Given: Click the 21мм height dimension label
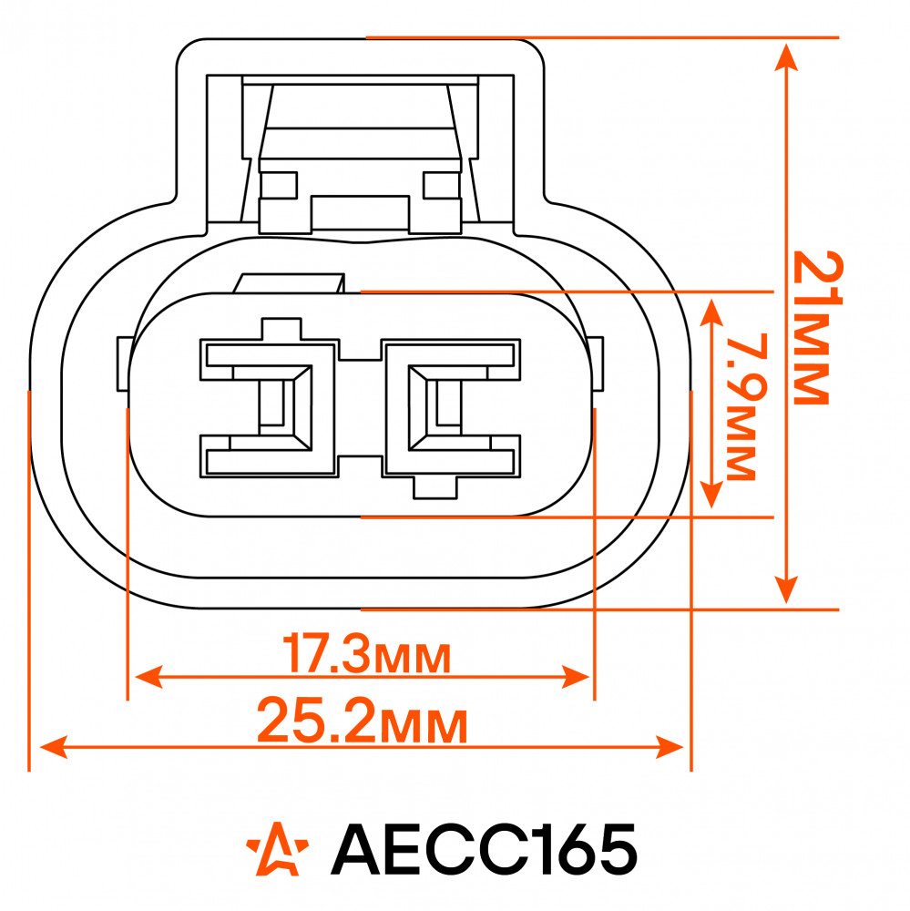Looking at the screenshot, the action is coord(818,328).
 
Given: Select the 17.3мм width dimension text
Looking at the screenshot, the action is coord(366,654).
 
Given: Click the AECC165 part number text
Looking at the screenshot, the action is coord(484,849).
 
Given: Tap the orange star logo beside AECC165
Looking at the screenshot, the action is coord(277,849).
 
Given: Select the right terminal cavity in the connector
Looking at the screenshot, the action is coord(451,408).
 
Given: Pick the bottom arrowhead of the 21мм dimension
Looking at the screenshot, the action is coord(786,589).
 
